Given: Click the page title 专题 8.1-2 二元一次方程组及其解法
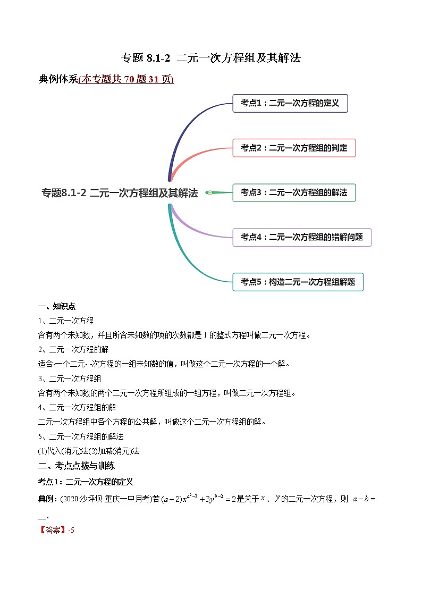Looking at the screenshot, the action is tap(212, 58).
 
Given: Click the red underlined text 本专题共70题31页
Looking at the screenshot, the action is tap(126, 79).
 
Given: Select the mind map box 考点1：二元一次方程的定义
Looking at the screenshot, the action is tap(290, 103).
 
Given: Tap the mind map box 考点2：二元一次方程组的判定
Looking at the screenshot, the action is tap(293, 148).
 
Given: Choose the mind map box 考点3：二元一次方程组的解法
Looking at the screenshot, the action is tap(293, 192).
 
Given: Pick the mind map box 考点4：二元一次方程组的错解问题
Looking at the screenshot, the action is tap(301, 237).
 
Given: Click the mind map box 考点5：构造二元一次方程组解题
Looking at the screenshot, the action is tap(298, 282).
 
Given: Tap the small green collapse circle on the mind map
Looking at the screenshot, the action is tap(210, 193).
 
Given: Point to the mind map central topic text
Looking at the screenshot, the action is tap(120, 193).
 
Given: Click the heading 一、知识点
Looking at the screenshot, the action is tap(57, 306).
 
